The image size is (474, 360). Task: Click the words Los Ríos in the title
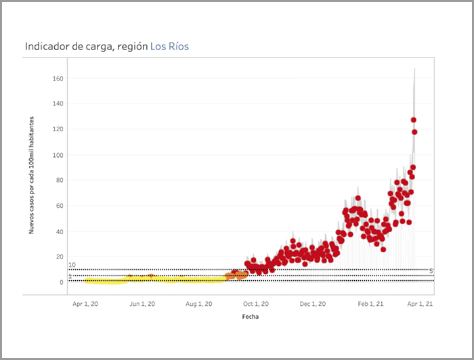click(169, 47)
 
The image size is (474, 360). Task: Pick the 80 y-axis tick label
click(60, 180)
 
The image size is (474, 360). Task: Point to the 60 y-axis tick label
click(60, 206)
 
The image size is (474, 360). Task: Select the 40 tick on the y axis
click(60, 231)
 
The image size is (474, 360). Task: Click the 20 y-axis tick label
click(60, 256)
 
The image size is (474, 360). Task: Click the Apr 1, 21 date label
click(421, 305)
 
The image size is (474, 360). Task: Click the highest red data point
click(413, 120)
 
